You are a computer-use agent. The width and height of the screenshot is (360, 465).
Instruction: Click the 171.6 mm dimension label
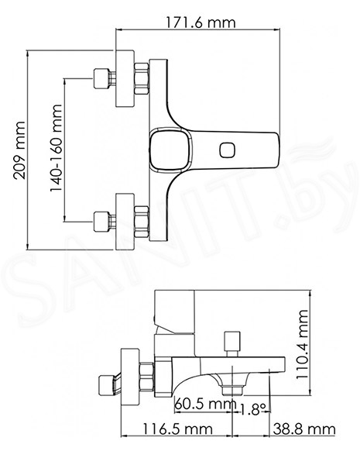[201, 22]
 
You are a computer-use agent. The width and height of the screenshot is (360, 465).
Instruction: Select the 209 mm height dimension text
[19, 150]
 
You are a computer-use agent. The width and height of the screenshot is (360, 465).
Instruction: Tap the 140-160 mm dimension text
[56, 148]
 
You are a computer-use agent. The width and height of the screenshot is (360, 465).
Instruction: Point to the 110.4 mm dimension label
[302, 343]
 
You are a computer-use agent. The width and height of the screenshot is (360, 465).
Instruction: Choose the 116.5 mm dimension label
[178, 429]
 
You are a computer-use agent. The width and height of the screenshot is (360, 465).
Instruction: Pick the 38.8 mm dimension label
[304, 429]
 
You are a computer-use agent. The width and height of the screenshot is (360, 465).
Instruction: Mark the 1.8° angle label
[252, 409]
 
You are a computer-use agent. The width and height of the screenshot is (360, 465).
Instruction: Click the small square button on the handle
[228, 150]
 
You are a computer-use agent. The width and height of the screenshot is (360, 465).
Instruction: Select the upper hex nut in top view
[142, 78]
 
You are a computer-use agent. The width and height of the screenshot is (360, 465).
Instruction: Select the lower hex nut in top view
[142, 222]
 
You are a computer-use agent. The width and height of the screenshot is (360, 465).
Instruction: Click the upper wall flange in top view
[125, 78]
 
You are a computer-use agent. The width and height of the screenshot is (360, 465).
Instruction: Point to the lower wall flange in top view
[125, 222]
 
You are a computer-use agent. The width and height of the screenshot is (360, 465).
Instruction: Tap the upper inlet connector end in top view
[101, 78]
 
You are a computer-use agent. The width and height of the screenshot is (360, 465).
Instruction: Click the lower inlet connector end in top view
[101, 222]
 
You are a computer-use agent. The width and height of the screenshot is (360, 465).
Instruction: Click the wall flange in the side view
[130, 377]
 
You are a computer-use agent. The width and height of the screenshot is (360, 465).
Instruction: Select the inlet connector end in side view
[106, 385]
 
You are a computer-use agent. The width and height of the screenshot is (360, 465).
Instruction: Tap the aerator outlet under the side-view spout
[232, 391]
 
